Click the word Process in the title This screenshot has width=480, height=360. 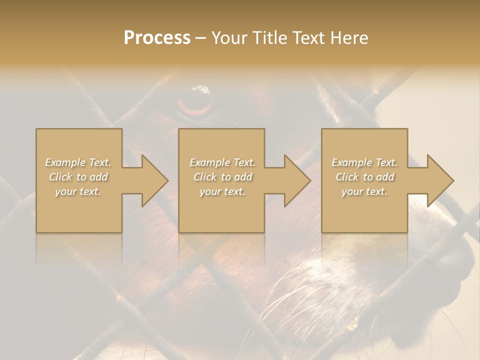pos(157,38)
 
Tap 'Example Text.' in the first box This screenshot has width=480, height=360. pos(78,162)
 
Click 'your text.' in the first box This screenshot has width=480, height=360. pos(78,191)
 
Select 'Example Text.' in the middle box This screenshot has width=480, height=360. pos(222,162)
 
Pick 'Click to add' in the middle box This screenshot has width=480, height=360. pos(222,177)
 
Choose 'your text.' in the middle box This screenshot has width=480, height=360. pos(222,191)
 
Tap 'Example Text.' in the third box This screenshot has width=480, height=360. pos(364,162)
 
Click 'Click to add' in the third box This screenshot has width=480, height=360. pos(364,177)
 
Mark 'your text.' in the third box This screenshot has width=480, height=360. pos(364,191)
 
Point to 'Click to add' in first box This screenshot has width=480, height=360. pos(78,177)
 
